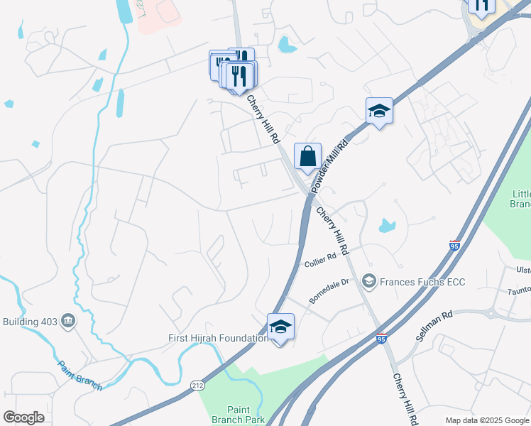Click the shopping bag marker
[307, 157]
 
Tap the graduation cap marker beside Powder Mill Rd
[379, 111]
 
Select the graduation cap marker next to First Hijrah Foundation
[280, 327]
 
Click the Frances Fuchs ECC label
[422, 282]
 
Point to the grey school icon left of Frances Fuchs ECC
[368, 282]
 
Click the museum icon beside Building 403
[68, 321]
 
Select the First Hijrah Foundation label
[218, 338]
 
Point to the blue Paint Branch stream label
[80, 376]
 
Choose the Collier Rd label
[319, 262]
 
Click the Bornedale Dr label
[329, 291]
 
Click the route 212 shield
[197, 385]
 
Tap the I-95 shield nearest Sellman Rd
[382, 339]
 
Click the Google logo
[24, 417]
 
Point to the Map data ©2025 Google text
[487, 420]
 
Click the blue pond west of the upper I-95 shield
[386, 226]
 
